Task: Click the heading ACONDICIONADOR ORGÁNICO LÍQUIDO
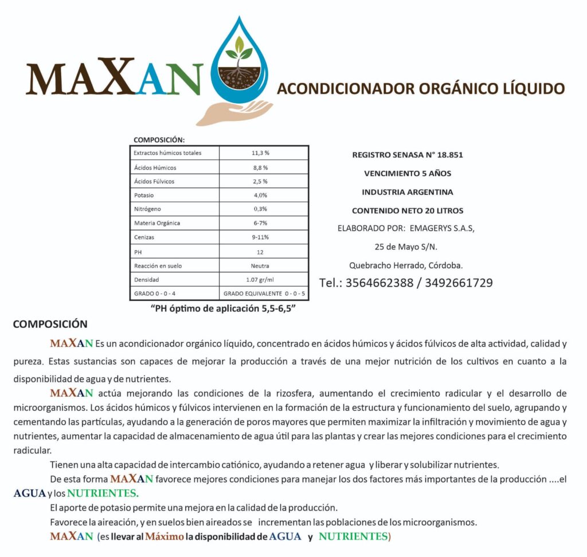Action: pyautogui.click(x=421, y=89)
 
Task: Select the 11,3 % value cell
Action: pyautogui.click(x=260, y=154)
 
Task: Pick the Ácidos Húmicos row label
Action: pyautogui.click(x=155, y=168)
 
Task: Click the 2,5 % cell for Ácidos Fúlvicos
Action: pyautogui.click(x=260, y=182)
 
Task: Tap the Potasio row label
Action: pyautogui.click(x=144, y=195)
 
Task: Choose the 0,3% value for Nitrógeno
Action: pyautogui.click(x=260, y=209)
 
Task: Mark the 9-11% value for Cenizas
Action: pyautogui.click(x=260, y=237)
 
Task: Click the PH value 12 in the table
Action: pyautogui.click(x=260, y=252)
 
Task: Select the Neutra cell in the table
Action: pyautogui.click(x=260, y=266)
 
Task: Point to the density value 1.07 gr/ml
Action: pyautogui.click(x=260, y=280)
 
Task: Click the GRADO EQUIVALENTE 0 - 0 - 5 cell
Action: pyautogui.click(x=264, y=294)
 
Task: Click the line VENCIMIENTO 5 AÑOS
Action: pyautogui.click(x=408, y=173)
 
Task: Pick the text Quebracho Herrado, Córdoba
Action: pyautogui.click(x=406, y=265)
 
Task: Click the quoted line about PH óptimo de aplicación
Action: pyautogui.click(x=226, y=308)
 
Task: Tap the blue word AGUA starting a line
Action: pyautogui.click(x=29, y=493)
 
